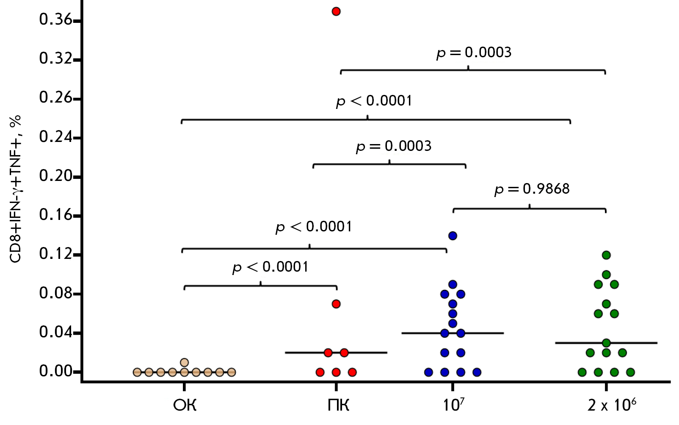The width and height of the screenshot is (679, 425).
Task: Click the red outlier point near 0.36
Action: point(336,11)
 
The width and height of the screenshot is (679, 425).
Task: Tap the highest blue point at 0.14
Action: point(453,236)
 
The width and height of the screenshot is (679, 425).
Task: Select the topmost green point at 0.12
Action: point(606,255)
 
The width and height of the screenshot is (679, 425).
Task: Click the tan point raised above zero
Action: point(184,362)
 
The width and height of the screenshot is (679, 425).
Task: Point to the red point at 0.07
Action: point(336,304)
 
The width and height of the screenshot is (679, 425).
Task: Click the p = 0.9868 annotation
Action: point(532,189)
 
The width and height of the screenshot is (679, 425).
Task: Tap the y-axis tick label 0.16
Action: point(55,215)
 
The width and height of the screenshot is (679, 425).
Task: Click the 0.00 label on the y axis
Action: point(55,371)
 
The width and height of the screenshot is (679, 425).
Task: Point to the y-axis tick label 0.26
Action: point(55,98)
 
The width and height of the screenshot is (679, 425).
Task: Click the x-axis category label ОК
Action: point(185,406)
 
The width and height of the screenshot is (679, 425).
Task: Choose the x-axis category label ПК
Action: point(338,406)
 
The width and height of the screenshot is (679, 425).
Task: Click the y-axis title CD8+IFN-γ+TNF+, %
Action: point(16,189)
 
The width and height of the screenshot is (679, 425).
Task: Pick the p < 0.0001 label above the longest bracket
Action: point(374,101)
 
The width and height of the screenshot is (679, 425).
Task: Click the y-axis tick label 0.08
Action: point(55,293)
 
